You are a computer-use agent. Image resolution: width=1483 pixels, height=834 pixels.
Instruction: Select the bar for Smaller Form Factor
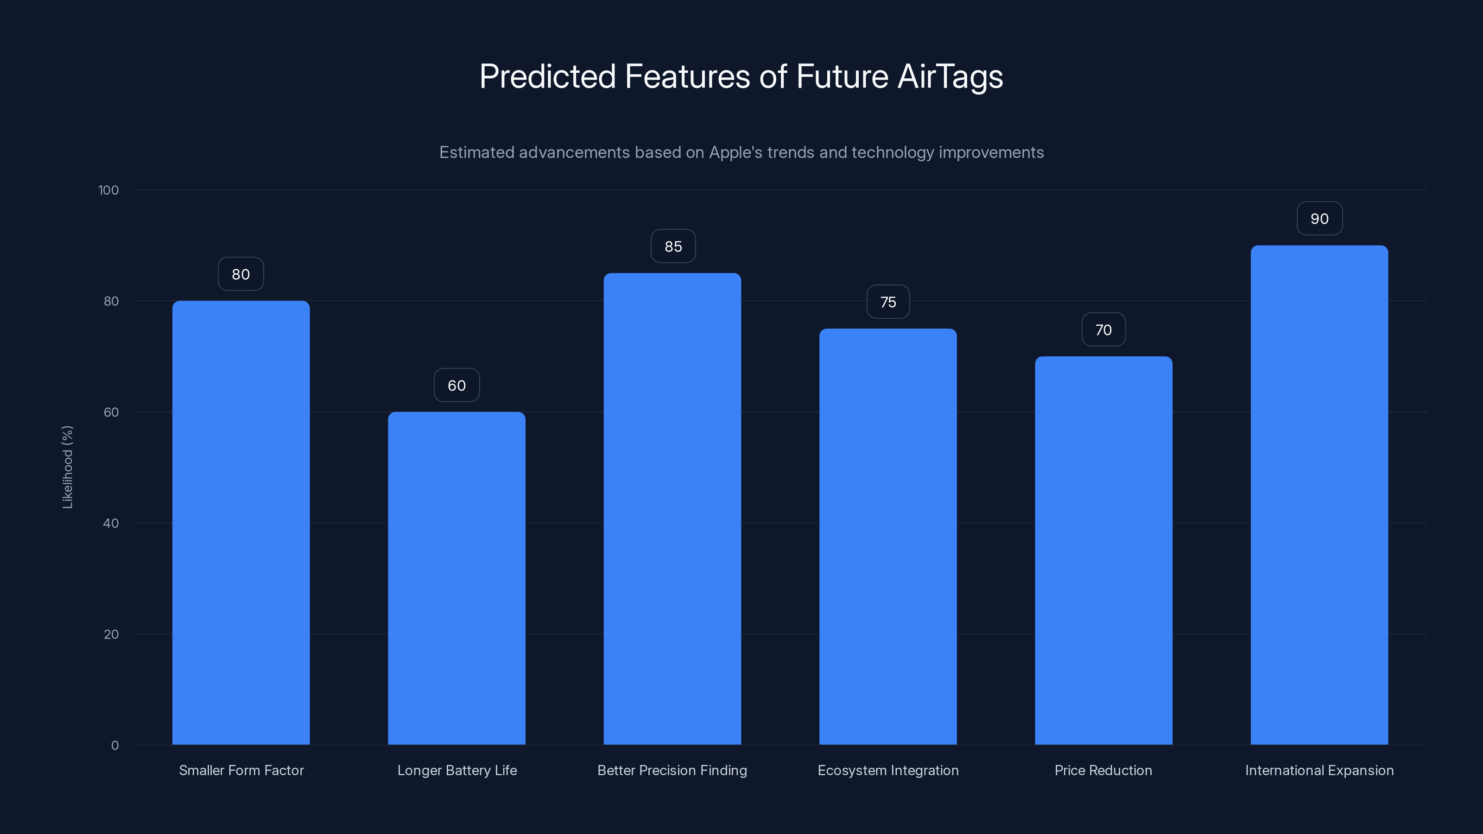point(241,523)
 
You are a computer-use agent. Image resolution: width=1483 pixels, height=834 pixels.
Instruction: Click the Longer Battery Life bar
point(456,578)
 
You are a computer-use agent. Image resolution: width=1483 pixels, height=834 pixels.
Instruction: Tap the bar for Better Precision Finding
point(672,509)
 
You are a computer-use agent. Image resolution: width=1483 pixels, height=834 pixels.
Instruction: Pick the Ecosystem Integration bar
point(888,537)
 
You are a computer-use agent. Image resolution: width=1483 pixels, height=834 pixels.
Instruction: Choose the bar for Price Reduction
point(1103,550)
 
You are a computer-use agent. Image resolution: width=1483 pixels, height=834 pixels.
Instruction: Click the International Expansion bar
point(1319,495)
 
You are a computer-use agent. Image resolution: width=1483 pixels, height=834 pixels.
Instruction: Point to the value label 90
point(1319,219)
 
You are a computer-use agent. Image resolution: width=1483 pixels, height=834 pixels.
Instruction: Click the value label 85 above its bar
point(672,246)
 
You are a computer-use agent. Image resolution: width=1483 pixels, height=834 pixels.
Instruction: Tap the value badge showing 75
point(888,302)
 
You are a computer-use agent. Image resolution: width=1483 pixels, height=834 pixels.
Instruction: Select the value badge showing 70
point(1103,330)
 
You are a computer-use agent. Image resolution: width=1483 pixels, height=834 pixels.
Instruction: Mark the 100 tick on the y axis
point(108,190)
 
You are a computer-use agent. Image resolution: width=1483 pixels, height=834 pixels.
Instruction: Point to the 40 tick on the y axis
point(111,523)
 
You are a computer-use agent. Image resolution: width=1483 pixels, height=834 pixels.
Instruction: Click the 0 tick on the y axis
point(114,746)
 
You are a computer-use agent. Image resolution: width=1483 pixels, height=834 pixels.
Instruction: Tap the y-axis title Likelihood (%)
point(67,467)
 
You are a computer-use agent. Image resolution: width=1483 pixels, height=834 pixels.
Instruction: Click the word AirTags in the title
point(950,76)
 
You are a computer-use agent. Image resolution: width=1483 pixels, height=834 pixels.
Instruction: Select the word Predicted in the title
point(547,76)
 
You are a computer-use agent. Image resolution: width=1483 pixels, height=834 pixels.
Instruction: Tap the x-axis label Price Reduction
point(1103,770)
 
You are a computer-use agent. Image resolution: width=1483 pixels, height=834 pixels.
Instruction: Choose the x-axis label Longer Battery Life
point(456,770)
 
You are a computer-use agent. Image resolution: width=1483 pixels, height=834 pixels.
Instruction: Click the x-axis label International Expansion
point(1319,770)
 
